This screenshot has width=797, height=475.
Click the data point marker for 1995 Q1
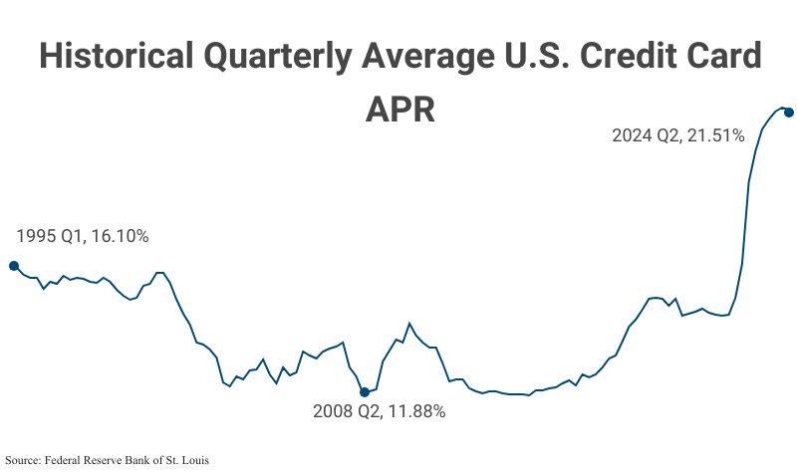click(x=13, y=266)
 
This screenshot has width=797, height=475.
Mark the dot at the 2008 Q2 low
click(x=365, y=392)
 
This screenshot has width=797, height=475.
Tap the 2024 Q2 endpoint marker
click(x=789, y=112)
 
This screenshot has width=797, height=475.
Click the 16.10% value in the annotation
click(x=120, y=236)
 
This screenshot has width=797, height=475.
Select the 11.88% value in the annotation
click(x=415, y=411)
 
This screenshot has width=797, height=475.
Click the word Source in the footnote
click(x=24, y=460)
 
